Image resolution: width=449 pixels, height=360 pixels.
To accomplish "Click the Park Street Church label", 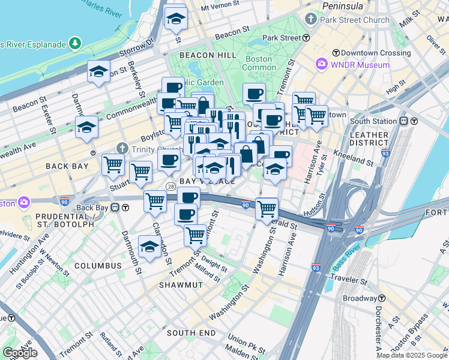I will pos(355,20).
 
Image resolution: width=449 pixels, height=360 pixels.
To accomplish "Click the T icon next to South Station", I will pos(404,121).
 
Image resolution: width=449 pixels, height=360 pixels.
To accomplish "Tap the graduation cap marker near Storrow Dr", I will pos(98,72).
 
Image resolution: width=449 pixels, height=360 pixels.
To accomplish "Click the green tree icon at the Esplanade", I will pos(75,43).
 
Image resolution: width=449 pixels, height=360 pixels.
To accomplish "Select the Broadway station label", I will pos(360,298).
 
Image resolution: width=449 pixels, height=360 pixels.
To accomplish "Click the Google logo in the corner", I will pos(20,352).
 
